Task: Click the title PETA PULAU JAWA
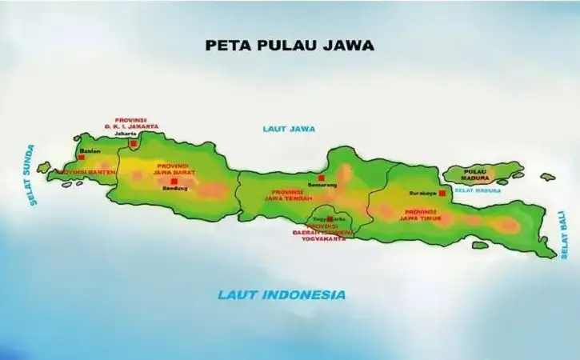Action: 290,45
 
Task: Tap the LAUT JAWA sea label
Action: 289,128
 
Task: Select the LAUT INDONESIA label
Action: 282,294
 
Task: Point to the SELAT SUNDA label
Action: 31,175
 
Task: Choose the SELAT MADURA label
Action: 478,190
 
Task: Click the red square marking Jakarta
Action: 133,144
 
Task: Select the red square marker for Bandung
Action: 174,181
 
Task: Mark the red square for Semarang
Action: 321,178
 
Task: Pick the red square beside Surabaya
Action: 442,193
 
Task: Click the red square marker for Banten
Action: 80,158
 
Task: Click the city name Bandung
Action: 174,189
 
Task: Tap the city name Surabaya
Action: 421,194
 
